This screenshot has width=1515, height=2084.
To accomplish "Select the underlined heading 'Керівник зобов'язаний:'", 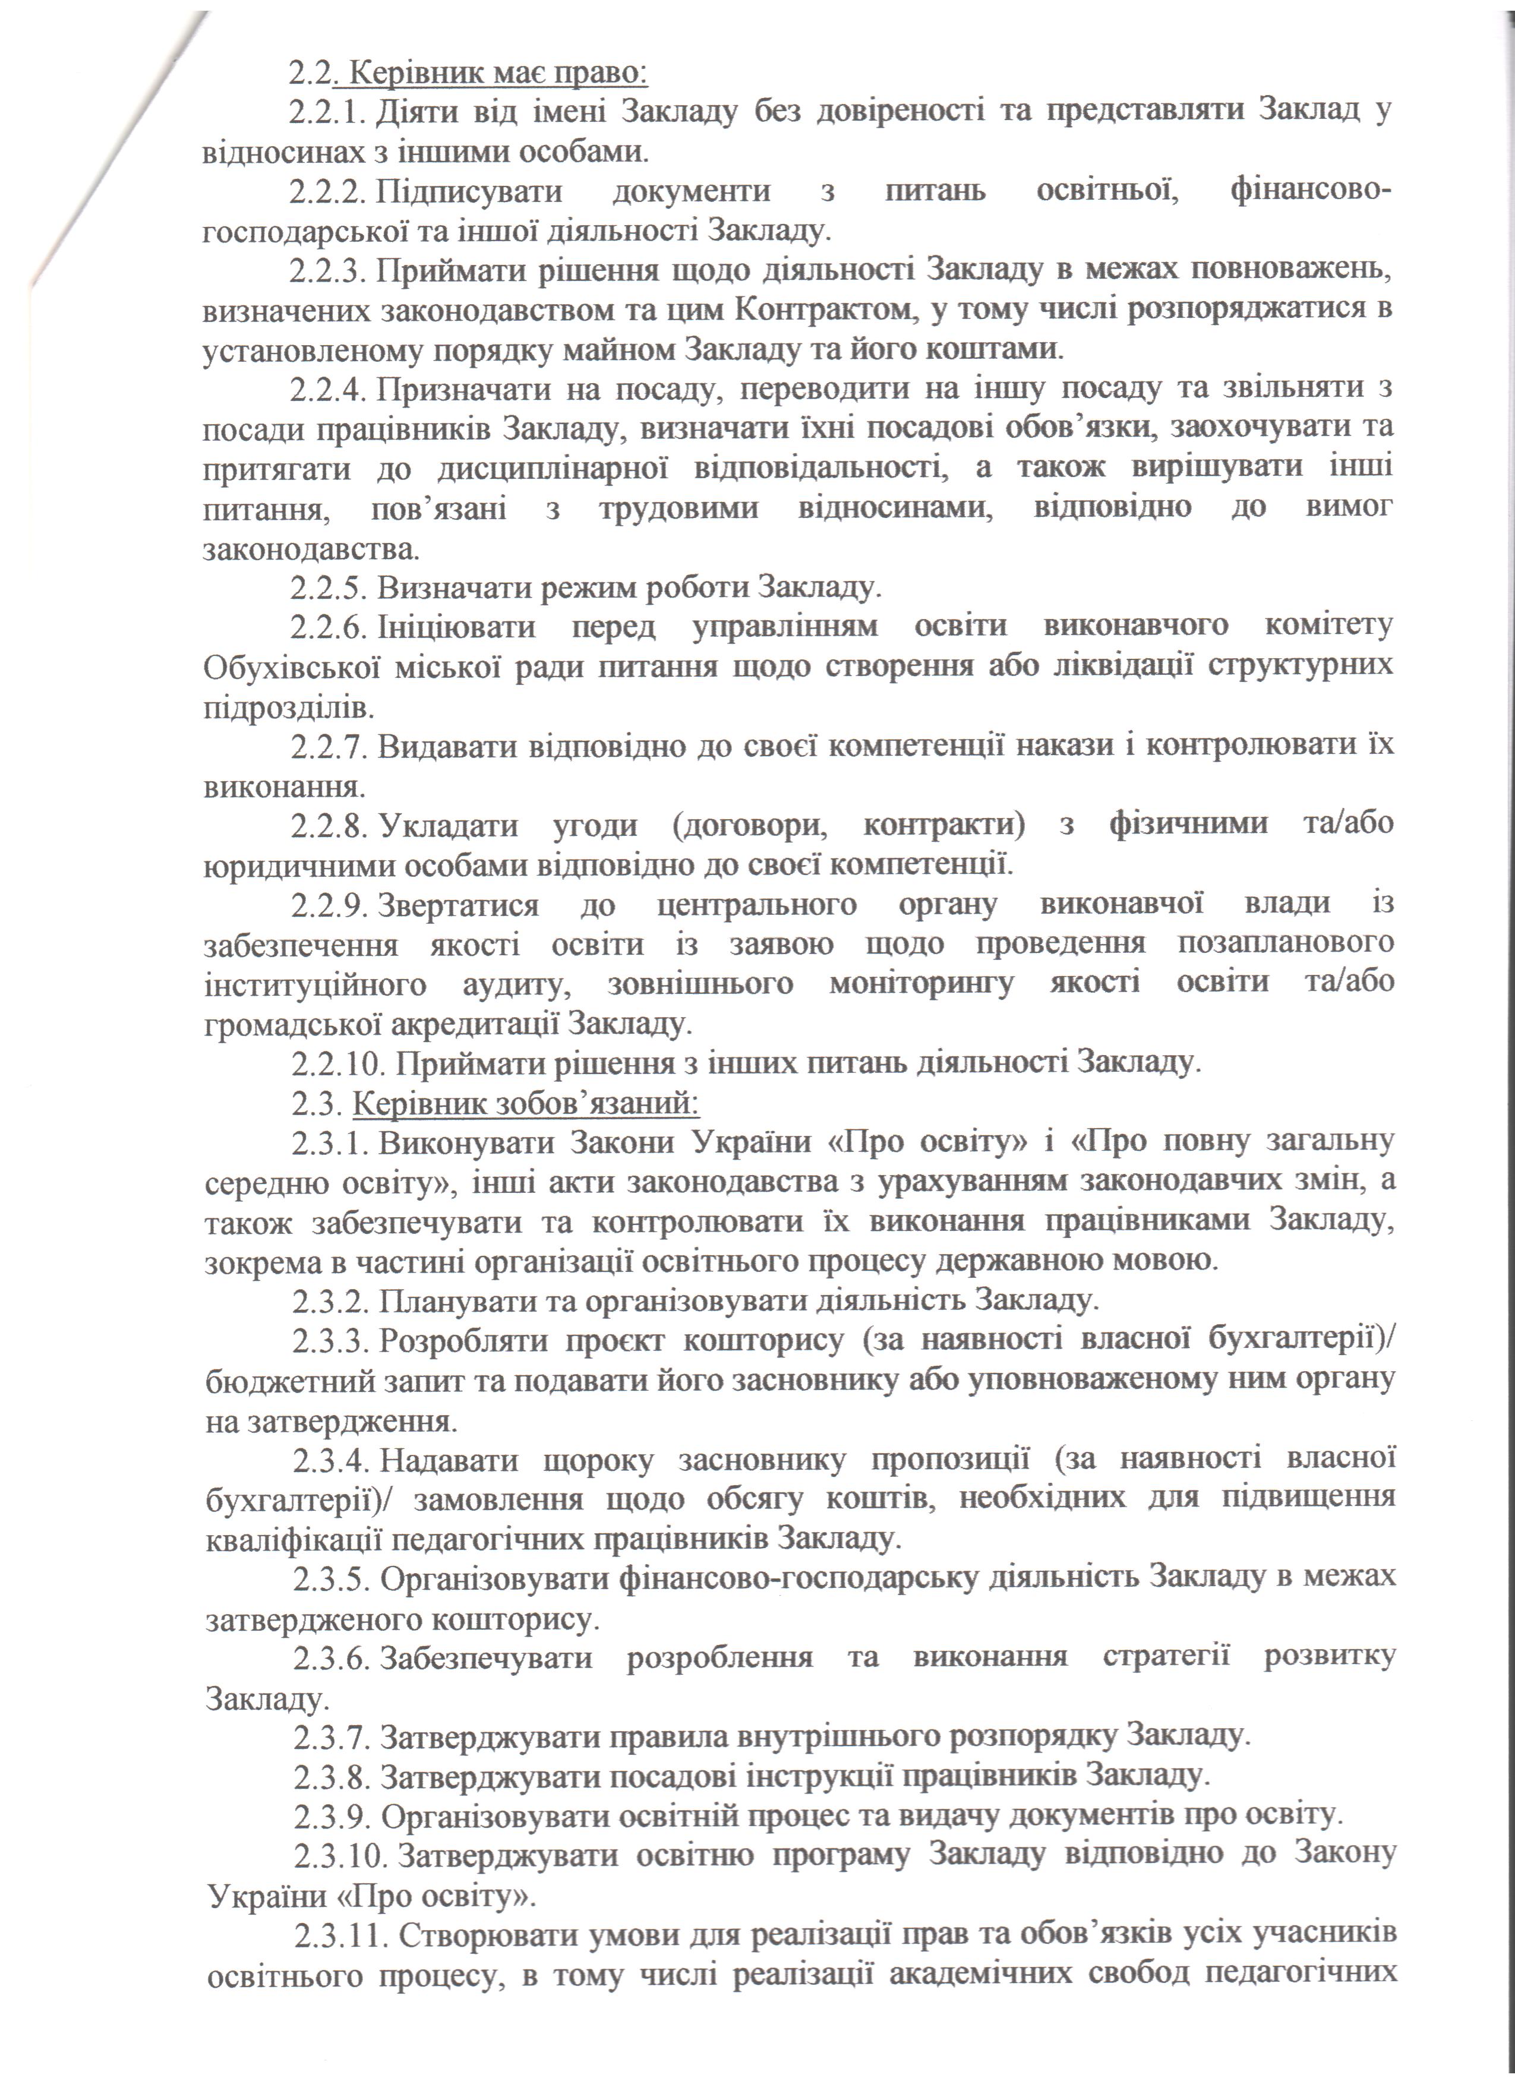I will tap(526, 1103).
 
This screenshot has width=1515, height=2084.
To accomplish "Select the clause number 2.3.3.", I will tap(331, 1341).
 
